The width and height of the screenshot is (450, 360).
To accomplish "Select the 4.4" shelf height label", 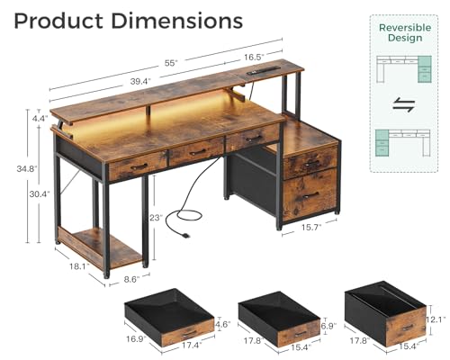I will [38, 119].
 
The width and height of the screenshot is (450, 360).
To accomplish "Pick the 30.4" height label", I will [38, 193].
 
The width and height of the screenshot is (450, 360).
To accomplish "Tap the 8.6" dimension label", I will [132, 280].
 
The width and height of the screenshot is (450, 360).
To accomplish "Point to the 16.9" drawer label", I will [136, 340].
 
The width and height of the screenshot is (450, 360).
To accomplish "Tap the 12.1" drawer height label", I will [436, 319].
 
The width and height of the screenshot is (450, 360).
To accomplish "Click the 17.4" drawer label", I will [190, 346].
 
